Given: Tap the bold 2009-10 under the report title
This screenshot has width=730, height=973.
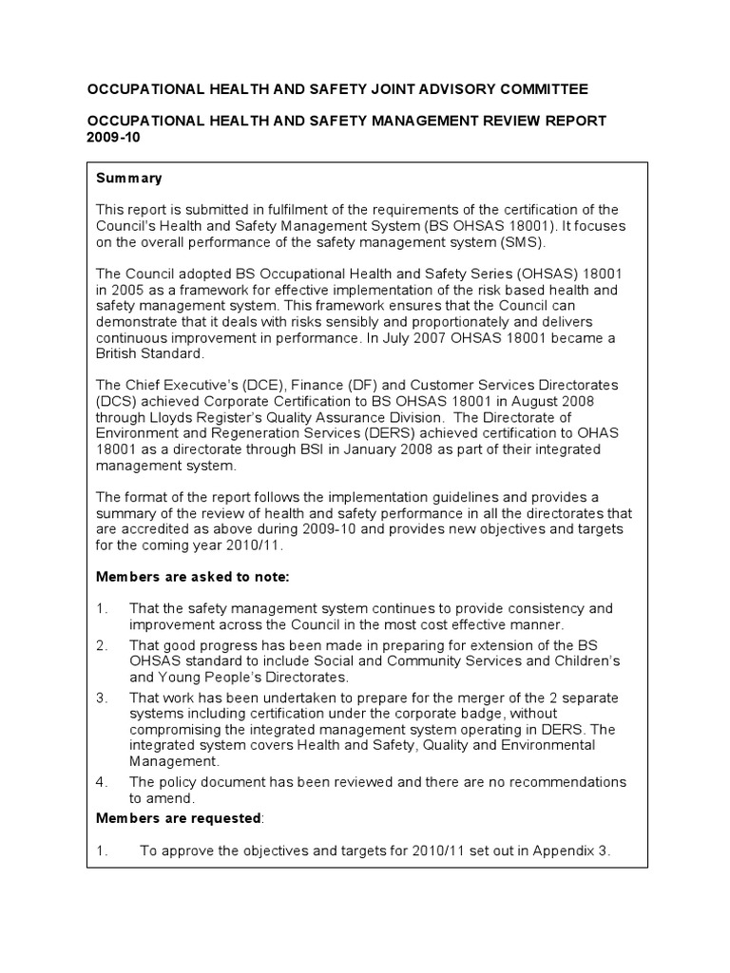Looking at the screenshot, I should click(111, 137).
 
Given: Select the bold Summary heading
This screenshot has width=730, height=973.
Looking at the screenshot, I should click(129, 179).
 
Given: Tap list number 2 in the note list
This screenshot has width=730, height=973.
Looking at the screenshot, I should click(102, 645).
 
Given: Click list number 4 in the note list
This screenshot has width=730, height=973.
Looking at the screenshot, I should click(102, 782).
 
